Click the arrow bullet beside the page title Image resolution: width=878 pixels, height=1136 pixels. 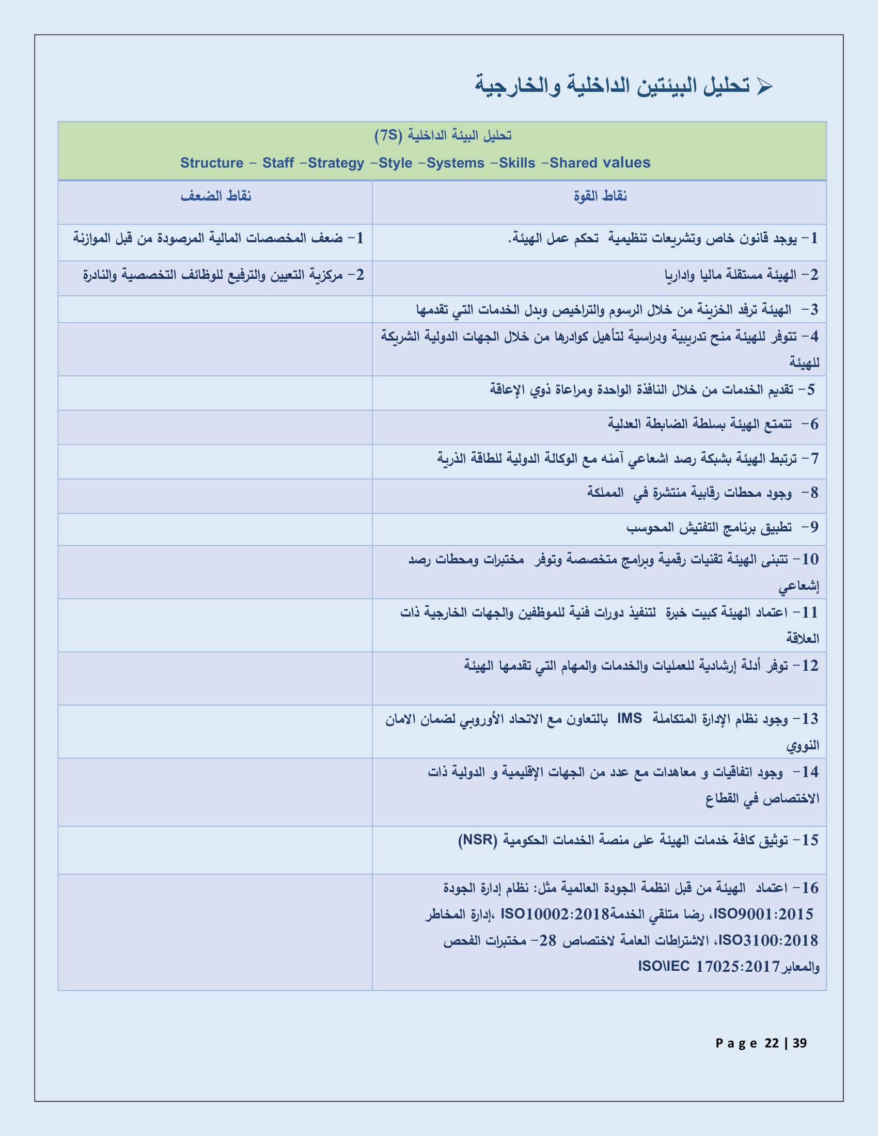click(764, 86)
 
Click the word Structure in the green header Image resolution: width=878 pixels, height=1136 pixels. click(212, 163)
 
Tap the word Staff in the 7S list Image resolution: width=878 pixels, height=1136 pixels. click(278, 163)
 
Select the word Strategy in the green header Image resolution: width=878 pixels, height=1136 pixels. click(336, 163)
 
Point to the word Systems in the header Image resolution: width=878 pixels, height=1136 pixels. click(455, 163)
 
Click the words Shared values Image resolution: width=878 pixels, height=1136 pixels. click(600, 163)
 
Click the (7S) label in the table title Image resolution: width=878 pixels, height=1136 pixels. click(388, 136)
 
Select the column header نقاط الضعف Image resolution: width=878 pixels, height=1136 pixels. click(216, 197)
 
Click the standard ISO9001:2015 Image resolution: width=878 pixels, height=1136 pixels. click(763, 914)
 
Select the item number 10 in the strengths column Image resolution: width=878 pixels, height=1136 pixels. click(810, 560)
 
